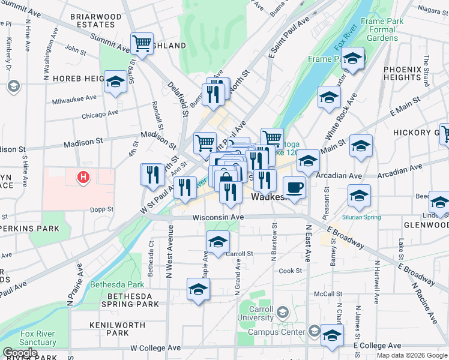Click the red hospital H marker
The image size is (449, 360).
84,178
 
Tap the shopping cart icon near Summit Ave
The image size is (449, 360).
142,43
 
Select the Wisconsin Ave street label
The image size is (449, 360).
218,217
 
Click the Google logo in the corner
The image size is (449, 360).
20,353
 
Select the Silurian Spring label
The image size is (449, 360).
359,212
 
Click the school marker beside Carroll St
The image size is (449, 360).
218,242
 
